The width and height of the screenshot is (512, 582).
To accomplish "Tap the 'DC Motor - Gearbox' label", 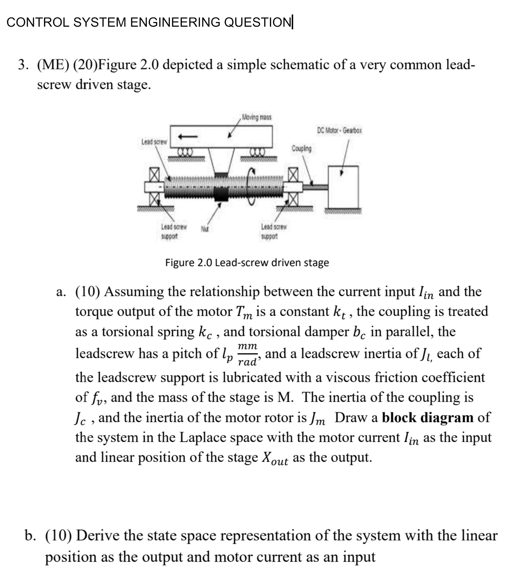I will coord(339,130).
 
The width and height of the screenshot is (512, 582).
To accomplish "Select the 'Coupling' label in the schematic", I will coord(302,148).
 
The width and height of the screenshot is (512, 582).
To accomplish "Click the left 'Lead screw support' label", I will coord(173,232).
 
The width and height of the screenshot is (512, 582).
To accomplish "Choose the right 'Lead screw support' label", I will coord(273,232).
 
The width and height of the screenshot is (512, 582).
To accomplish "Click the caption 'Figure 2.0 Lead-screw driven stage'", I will coord(247,263).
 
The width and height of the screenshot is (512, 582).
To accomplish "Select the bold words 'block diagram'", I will coord(428,417).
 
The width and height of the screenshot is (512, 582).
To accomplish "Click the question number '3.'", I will coord(23,65).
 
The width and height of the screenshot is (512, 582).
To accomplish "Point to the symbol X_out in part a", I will coord(275,458).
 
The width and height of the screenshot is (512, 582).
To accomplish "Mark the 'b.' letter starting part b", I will coord(31,536).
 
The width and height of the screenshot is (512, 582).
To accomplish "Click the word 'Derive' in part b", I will coord(97,536).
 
